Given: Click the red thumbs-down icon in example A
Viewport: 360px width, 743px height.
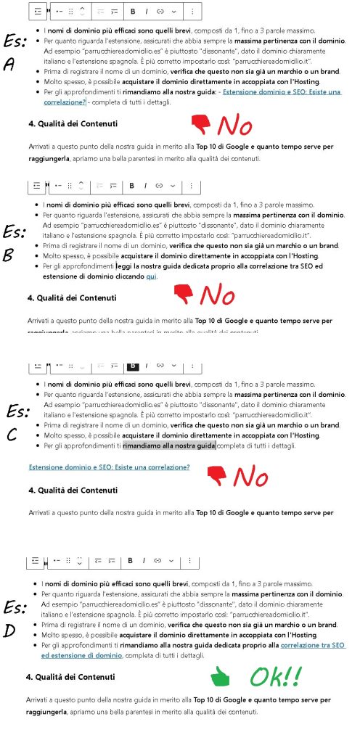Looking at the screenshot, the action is coord(200,126).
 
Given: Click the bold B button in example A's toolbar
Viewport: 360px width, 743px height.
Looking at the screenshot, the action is coord(133,12).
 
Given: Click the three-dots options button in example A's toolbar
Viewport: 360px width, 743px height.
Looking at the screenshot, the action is coord(192,12).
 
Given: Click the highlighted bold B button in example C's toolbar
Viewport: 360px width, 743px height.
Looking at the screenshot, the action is coord(133,365).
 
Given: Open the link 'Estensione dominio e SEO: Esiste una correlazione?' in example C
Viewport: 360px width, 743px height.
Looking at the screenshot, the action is coord(109,467).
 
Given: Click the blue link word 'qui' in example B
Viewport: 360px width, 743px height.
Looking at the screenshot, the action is coord(151,276).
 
